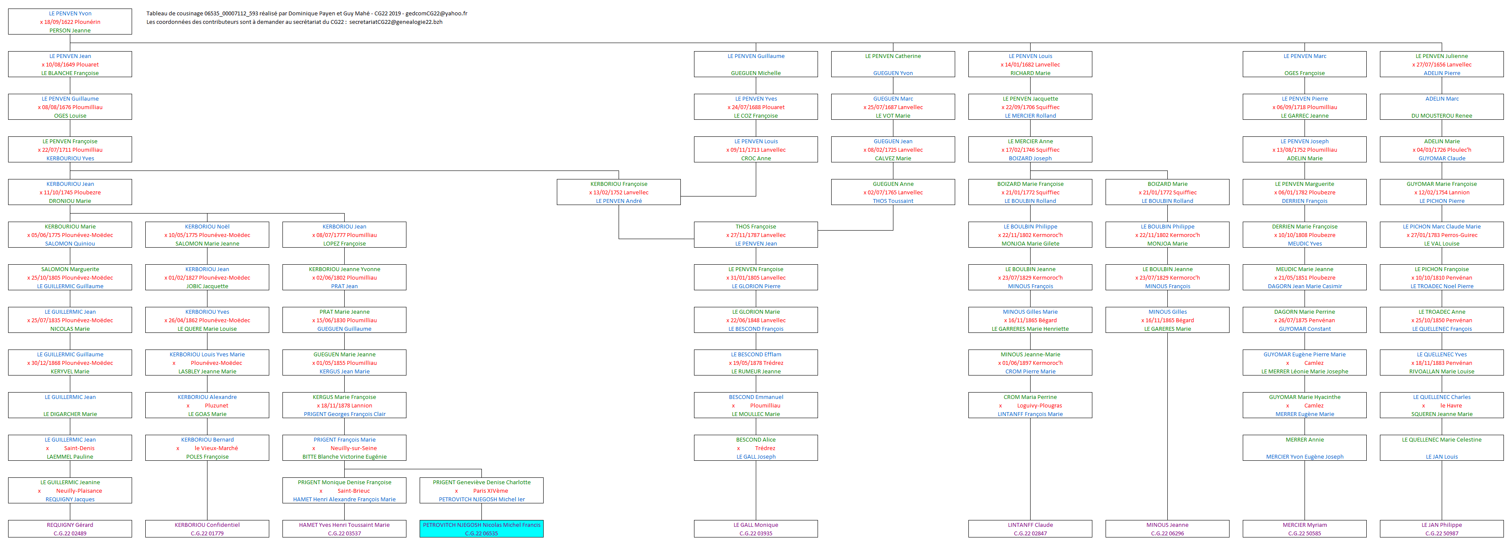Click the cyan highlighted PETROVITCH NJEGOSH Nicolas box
pos(481,529)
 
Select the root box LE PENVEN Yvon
pos(70,21)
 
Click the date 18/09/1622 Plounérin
pos(70,22)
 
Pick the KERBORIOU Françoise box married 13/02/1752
pos(619,192)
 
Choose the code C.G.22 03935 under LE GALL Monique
pos(755,534)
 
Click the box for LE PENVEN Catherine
pos(893,64)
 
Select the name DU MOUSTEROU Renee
pos(1442,116)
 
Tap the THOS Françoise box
pos(755,234)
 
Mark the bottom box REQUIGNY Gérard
pos(70,529)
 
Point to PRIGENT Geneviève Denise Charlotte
pos(481,482)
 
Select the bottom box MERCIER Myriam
pos(1304,529)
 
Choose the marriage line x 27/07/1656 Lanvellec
pos(1442,65)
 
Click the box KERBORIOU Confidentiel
pos(207,529)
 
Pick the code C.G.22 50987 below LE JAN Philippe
pos(1442,534)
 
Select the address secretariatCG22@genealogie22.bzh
pos(396,22)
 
